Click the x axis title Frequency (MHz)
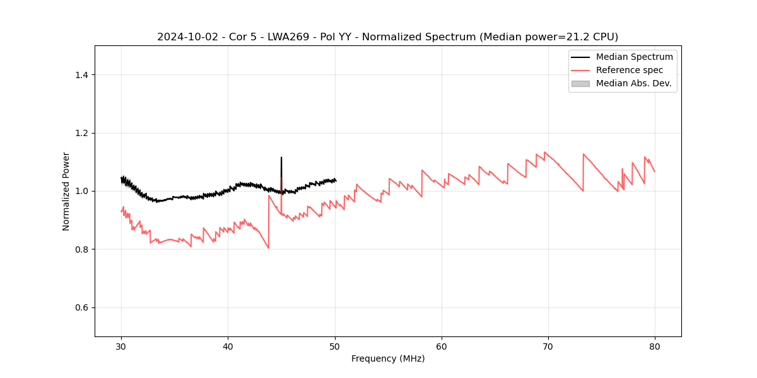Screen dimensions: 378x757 point(388,358)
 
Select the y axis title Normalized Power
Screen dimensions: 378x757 point(66,191)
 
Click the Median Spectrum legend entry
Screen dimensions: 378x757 point(634,57)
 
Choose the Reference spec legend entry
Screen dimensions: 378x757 point(630,70)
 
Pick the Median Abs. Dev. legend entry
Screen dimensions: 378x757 point(633,83)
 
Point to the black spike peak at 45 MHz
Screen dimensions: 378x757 point(281,157)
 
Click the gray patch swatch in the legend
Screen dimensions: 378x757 point(580,83)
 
